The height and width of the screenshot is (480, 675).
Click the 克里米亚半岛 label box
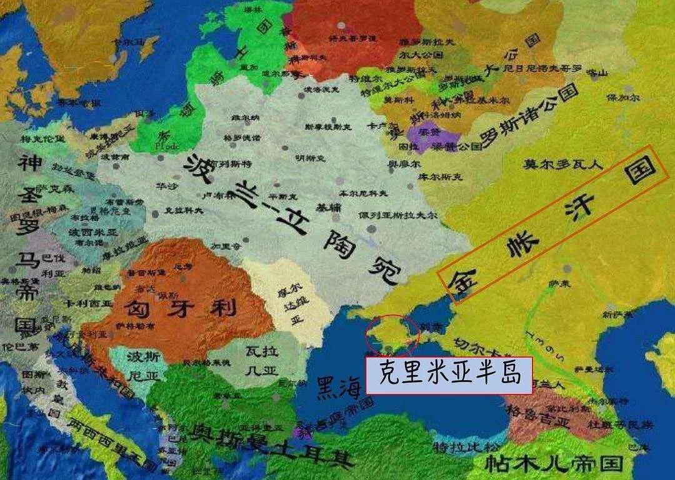pos(449,376)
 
